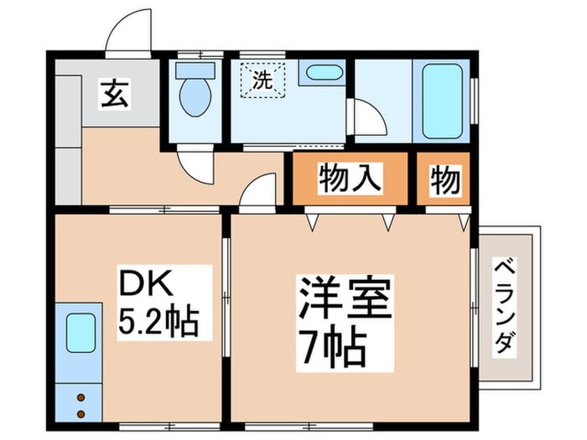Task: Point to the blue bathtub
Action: click(442, 101)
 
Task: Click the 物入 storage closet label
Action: click(350, 179)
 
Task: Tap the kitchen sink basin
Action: click(81, 333)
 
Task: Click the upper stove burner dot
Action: click(81, 397)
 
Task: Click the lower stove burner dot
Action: click(81, 413)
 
